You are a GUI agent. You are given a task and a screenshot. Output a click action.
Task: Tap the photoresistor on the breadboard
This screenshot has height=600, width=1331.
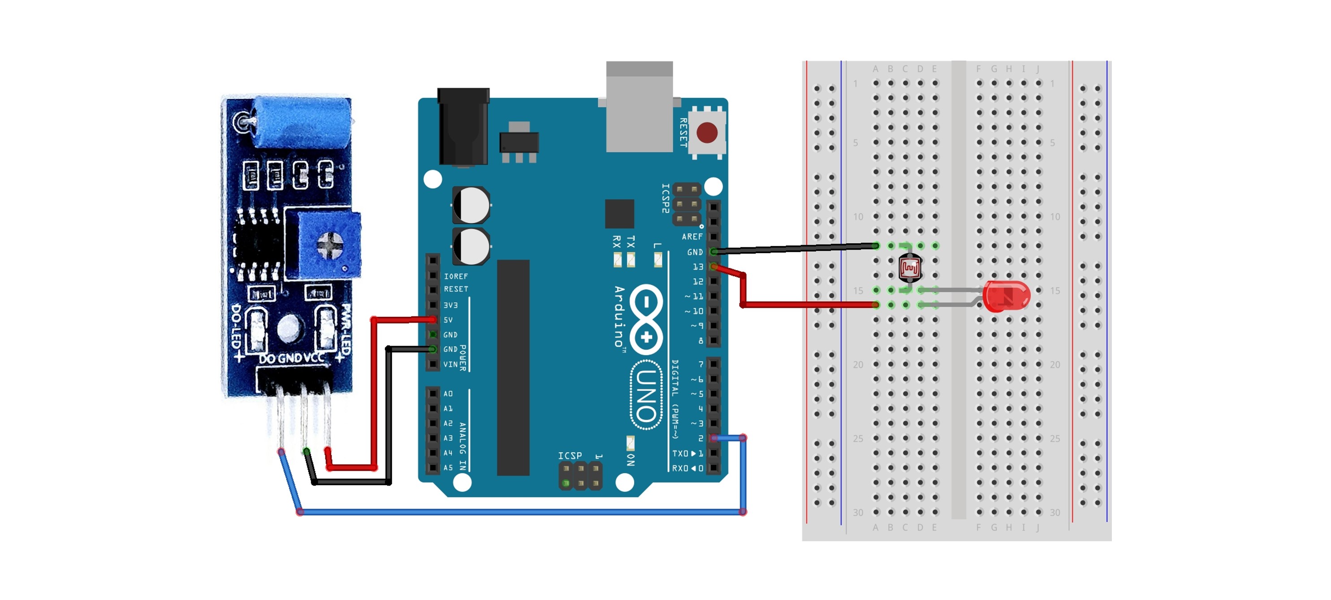[909, 267]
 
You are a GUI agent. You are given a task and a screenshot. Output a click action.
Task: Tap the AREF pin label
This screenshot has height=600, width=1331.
[692, 236]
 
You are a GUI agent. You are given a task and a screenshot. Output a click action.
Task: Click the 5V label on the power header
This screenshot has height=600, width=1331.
[448, 320]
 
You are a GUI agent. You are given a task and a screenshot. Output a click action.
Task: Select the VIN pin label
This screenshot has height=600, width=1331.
[450, 364]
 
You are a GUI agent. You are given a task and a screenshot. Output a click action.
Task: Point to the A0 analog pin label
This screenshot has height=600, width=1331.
[448, 394]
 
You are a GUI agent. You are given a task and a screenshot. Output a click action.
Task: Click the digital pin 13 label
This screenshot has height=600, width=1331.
[697, 267]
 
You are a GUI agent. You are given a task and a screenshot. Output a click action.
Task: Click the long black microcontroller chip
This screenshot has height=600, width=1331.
[513, 367]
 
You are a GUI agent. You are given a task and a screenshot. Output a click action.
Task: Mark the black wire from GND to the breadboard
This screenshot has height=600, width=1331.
[796, 249]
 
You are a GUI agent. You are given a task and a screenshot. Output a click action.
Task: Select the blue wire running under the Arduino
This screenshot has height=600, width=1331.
[517, 512]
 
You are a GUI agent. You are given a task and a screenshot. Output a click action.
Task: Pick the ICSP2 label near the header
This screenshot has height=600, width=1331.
[665, 198]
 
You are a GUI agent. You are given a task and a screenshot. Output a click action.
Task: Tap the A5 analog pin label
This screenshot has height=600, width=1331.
[448, 468]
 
